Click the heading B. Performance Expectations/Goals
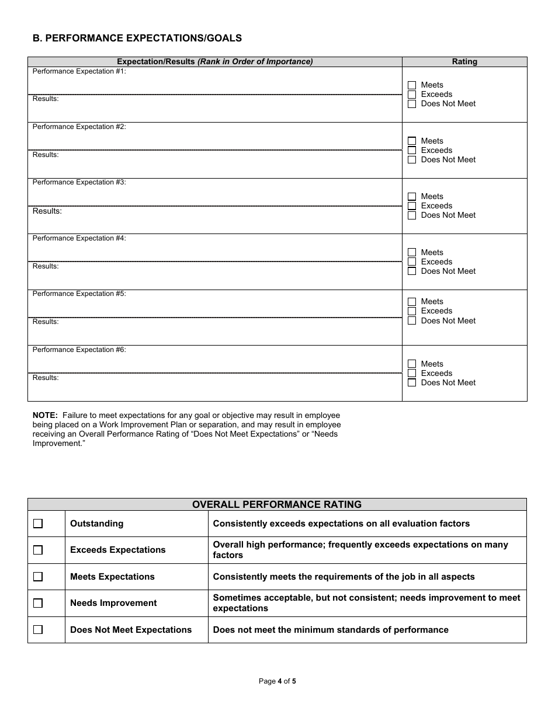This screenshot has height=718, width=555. pos(137,39)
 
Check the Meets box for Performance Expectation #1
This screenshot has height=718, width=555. pos(412,85)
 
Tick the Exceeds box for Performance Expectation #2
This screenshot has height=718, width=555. pos(412,151)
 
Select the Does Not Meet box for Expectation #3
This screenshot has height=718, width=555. pos(412,215)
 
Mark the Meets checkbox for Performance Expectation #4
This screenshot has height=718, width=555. pos(412,253)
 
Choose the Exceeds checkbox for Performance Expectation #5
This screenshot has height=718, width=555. pos(412,311)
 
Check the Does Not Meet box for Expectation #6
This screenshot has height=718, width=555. pos(412,383)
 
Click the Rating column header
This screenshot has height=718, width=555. pos(464,62)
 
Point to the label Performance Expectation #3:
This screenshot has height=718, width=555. pos(79,183)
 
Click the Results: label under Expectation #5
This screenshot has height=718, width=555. pos(46,322)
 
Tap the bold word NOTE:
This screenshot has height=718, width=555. pos(45,416)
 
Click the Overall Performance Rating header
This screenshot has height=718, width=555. pos(277,504)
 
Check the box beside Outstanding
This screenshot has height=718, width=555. pos(38,524)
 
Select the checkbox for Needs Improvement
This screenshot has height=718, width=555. pos(38,603)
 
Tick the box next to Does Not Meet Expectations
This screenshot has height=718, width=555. pos(38,630)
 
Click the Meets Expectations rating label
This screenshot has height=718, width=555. pos(112,577)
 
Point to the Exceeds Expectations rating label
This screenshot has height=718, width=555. pos(117,550)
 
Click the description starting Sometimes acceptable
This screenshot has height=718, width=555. pos(366,603)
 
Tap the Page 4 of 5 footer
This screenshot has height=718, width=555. pos(277,681)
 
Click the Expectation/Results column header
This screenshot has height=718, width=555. pos(215,62)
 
